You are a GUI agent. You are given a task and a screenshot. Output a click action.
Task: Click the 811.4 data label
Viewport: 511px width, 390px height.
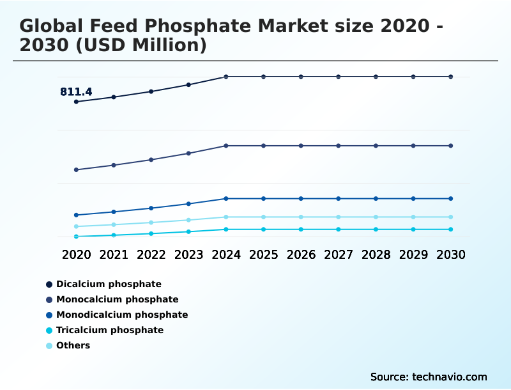point(76,92)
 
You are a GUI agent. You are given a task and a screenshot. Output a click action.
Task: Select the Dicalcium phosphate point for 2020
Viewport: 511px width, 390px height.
point(76,102)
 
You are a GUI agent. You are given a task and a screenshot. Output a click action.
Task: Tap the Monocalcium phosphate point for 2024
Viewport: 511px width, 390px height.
point(226,146)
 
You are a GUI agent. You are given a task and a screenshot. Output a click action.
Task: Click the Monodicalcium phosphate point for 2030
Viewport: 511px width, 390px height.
point(451,198)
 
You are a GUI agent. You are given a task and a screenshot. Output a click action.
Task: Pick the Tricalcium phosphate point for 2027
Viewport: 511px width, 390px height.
point(339,229)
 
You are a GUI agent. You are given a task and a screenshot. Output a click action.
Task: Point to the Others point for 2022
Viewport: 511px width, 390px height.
point(151,222)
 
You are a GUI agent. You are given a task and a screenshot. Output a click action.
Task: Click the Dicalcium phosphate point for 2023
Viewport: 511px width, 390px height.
point(188,84)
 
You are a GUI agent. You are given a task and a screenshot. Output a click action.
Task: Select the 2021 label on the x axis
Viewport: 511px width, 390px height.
point(114,254)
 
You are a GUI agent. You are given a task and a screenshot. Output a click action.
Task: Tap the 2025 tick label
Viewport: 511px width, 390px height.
point(263,254)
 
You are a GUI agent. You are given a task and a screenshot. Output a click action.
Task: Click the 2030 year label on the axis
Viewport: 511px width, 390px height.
point(451,254)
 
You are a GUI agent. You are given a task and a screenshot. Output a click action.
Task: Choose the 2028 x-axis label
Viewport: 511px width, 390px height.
point(376,254)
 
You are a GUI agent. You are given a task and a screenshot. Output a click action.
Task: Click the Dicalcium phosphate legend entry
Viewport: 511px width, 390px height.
point(109,284)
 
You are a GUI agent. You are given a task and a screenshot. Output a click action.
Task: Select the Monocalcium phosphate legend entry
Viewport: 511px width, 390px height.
point(117,299)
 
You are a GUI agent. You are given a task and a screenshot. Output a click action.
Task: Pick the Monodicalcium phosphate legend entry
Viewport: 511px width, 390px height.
point(121,315)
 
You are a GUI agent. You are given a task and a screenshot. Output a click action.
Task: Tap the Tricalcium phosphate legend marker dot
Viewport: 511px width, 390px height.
point(49,331)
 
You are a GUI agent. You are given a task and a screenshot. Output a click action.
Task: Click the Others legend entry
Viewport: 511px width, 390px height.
point(73,345)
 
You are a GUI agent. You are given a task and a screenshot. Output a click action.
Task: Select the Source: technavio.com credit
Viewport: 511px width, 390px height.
point(429,377)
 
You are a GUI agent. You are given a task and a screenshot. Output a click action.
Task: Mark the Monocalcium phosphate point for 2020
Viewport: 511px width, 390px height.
point(76,170)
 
